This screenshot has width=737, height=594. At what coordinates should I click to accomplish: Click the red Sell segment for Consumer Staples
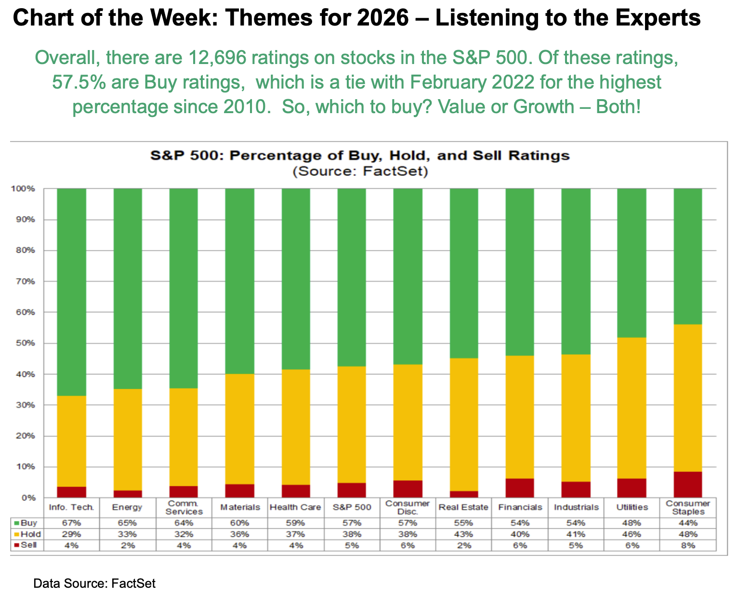click(x=687, y=484)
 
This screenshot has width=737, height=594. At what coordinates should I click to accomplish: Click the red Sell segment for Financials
click(x=519, y=488)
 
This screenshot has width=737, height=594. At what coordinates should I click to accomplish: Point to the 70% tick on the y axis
click(x=27, y=282)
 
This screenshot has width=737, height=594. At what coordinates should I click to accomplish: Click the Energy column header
click(x=127, y=507)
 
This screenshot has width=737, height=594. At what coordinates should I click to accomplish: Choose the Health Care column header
click(x=295, y=507)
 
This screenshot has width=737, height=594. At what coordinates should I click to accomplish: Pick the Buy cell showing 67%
click(x=72, y=523)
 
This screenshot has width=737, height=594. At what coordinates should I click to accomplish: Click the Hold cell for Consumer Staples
click(x=688, y=534)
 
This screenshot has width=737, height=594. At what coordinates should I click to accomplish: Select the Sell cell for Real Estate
click(x=463, y=545)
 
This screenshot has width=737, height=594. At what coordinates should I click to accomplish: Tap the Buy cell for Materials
click(x=239, y=523)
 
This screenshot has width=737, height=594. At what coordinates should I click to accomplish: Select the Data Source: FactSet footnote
click(x=94, y=583)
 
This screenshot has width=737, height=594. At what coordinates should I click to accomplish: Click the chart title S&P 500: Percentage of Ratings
click(x=360, y=156)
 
